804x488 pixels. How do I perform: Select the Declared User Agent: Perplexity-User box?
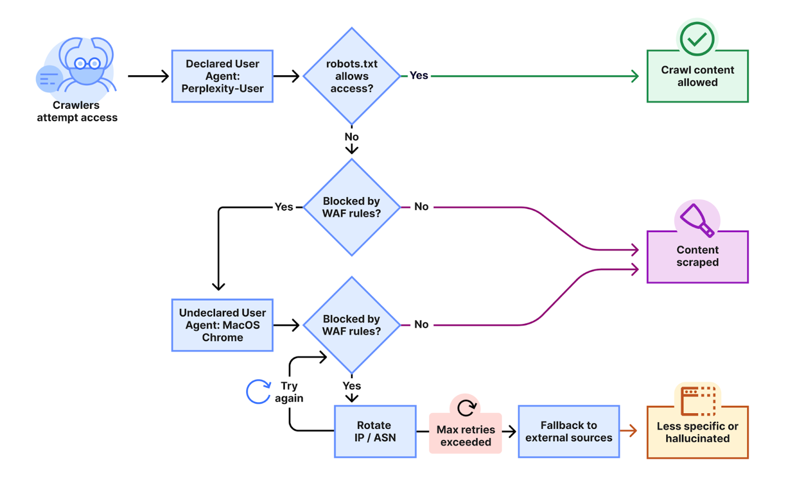pyautogui.click(x=222, y=76)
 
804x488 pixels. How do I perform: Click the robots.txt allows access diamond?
pyautogui.click(x=352, y=76)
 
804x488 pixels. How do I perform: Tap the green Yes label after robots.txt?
pyautogui.click(x=419, y=76)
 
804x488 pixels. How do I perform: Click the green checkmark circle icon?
pyautogui.click(x=697, y=38)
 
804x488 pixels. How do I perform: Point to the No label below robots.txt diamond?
pyautogui.click(x=351, y=137)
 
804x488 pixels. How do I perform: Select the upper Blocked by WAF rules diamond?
pyautogui.click(x=352, y=207)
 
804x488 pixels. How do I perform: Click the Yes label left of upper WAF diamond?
pyautogui.click(x=284, y=207)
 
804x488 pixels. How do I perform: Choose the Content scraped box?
pyautogui.click(x=697, y=257)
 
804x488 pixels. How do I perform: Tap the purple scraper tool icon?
pyautogui.click(x=697, y=220)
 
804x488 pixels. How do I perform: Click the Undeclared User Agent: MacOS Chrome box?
pyautogui.click(x=222, y=325)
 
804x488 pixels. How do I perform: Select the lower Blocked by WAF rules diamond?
pyautogui.click(x=352, y=325)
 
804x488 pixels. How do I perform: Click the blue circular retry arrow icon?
pyautogui.click(x=259, y=392)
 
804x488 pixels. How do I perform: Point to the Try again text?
pyautogui.click(x=289, y=392)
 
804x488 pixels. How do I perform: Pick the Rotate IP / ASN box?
pyautogui.click(x=375, y=432)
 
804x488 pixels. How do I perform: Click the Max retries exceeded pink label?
pyautogui.click(x=466, y=436)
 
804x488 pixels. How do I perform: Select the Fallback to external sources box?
pyautogui.click(x=568, y=432)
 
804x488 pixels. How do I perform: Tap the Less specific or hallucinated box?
pyautogui.click(x=697, y=432)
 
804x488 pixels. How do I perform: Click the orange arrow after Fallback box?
pyautogui.click(x=629, y=431)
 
